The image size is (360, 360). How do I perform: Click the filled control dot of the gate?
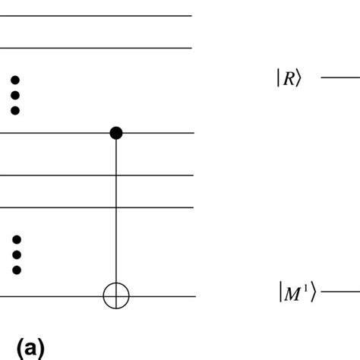[x=115, y=133]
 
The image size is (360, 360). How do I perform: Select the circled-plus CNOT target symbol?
[x=115, y=296]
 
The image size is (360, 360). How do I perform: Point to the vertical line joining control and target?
[x=115, y=213]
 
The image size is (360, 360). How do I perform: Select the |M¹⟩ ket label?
[x=296, y=292]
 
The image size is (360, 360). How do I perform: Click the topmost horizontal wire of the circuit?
[x=95, y=16]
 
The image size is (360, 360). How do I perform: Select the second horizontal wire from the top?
[x=95, y=48]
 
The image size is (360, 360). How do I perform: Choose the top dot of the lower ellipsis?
[x=16, y=239]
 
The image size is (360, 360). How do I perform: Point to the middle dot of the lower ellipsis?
[x=16, y=254]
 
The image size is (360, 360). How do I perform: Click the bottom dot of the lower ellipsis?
[x=16, y=269]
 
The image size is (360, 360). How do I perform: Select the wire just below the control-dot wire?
[x=95, y=175]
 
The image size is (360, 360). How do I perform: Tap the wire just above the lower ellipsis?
[x=95, y=207]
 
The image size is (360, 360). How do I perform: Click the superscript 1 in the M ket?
[x=306, y=288]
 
